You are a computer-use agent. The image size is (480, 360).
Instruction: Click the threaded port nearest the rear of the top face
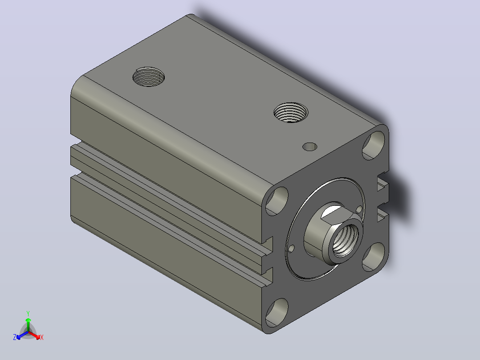(148, 77)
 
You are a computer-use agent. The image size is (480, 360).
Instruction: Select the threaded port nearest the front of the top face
(291, 113)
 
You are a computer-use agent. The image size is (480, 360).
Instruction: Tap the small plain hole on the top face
(310, 147)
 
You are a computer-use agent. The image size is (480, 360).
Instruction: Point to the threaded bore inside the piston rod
(344, 240)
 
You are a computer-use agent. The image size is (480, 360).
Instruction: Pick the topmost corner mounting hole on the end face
(374, 145)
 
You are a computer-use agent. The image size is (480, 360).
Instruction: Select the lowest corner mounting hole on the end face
(277, 312)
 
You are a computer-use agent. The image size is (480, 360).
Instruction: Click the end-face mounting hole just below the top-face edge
(277, 200)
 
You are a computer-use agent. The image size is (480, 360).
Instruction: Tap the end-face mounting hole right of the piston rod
(374, 257)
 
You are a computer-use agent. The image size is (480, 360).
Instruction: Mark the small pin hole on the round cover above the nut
(359, 209)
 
